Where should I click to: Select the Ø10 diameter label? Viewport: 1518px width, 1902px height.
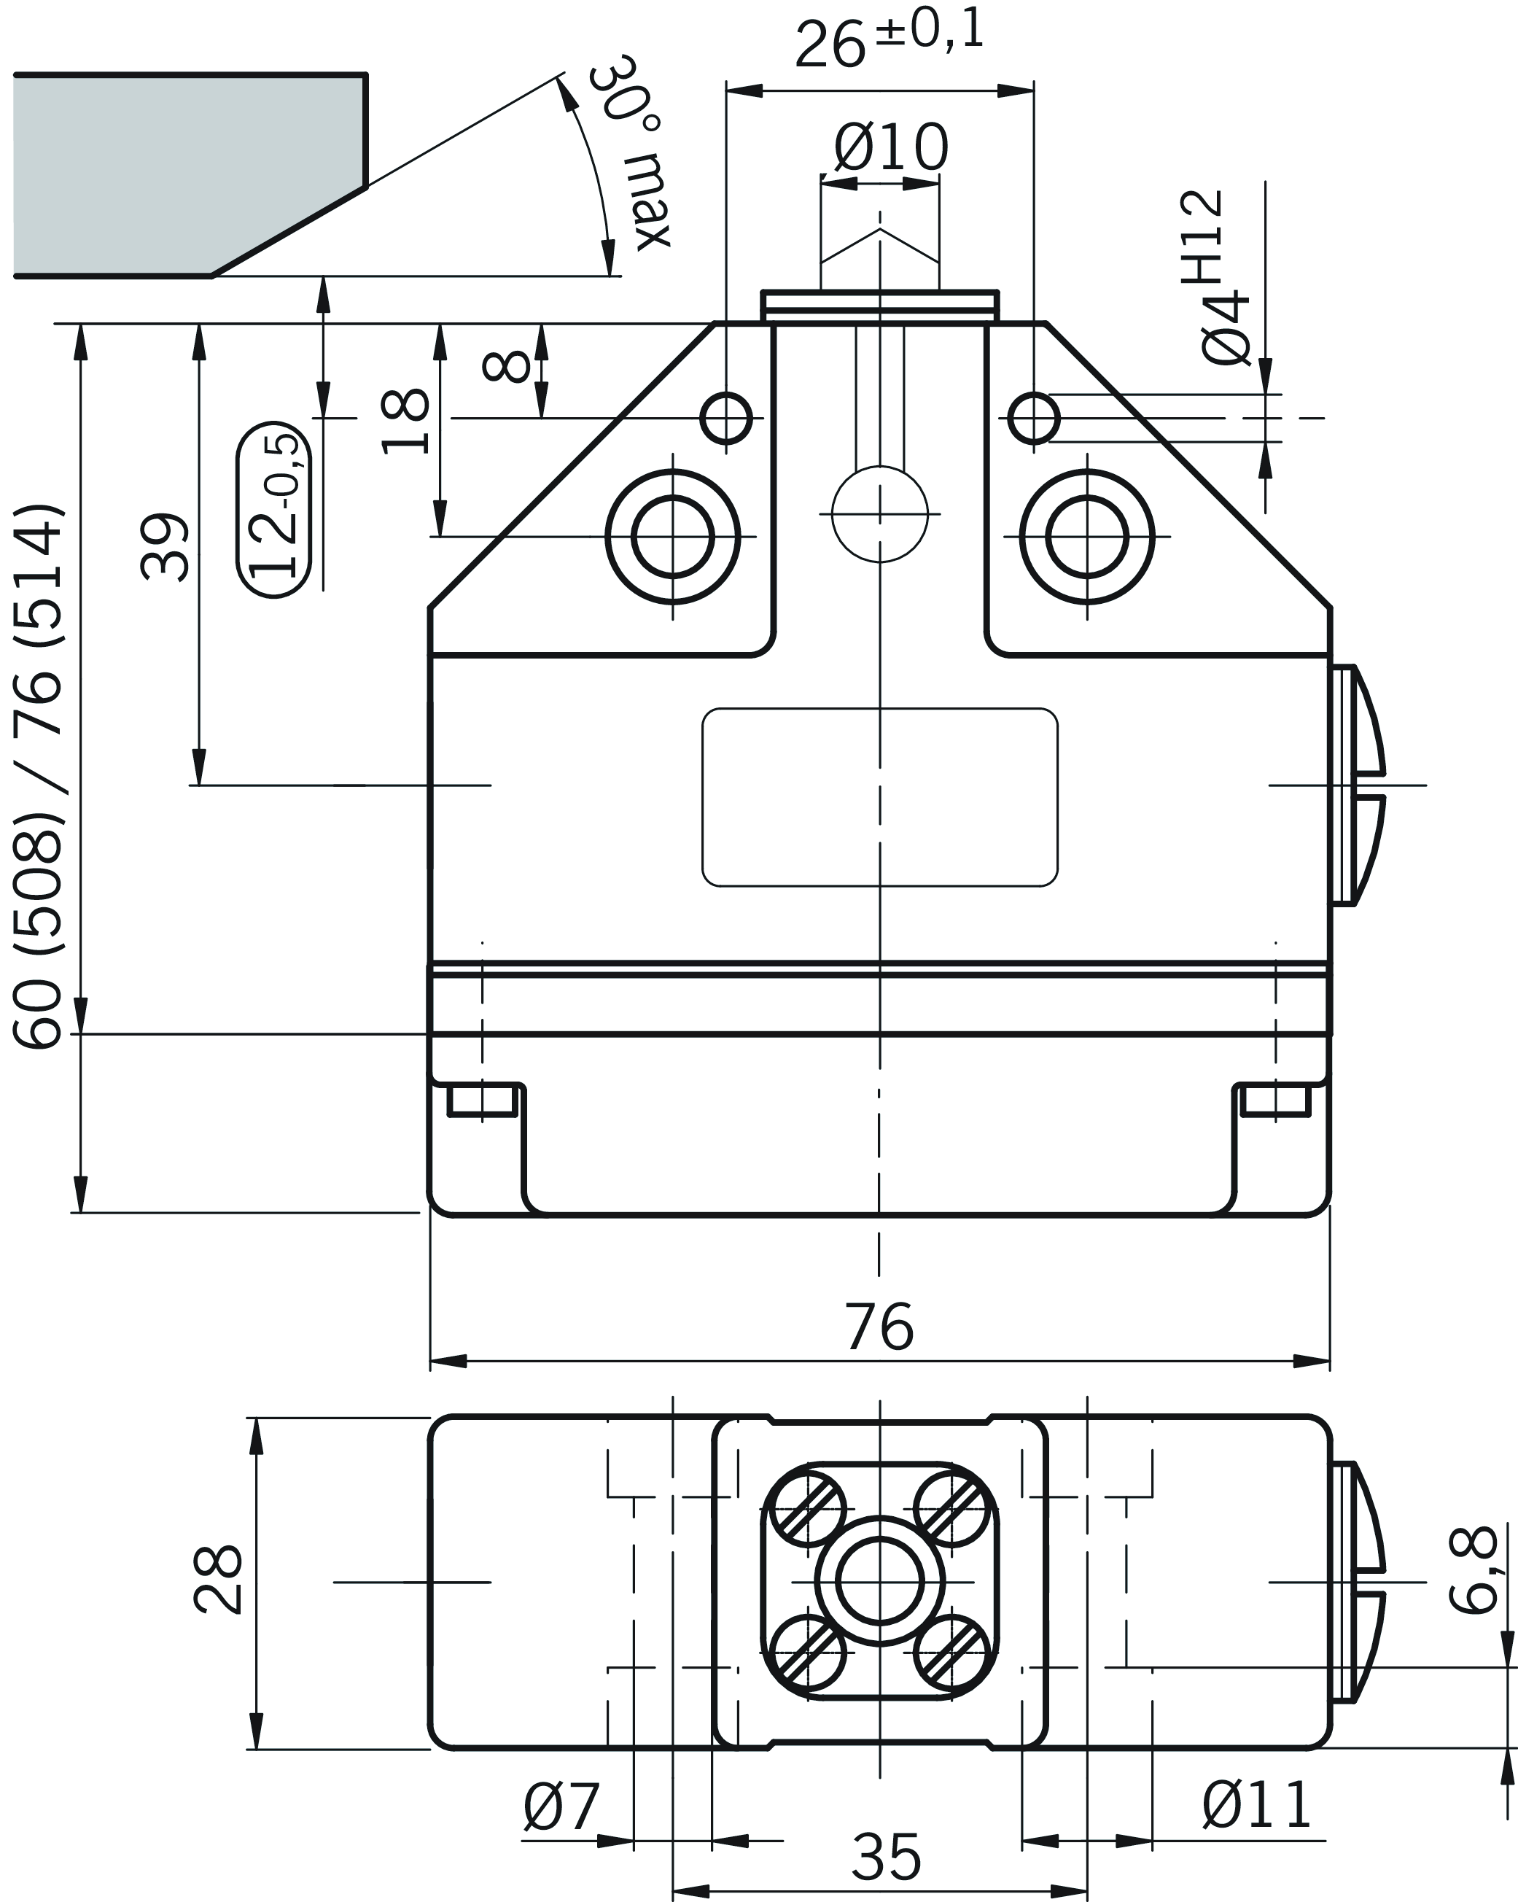click(x=891, y=148)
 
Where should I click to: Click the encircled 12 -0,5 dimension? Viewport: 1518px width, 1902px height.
click(x=274, y=509)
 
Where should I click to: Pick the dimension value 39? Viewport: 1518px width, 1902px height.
click(x=166, y=546)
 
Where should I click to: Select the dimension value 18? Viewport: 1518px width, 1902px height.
click(x=405, y=421)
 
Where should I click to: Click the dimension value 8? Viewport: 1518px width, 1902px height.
click(x=508, y=366)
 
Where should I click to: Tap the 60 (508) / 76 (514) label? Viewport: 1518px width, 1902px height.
click(x=39, y=776)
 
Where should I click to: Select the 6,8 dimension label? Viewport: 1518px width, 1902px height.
click(x=1473, y=1570)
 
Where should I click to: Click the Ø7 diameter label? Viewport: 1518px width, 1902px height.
click(x=561, y=1806)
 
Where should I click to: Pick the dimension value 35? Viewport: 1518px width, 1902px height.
click(x=887, y=1857)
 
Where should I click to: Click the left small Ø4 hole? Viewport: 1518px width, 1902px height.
click(x=726, y=418)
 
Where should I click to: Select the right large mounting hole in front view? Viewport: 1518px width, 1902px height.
click(x=1086, y=536)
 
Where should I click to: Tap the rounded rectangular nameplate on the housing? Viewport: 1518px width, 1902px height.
click(x=879, y=796)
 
